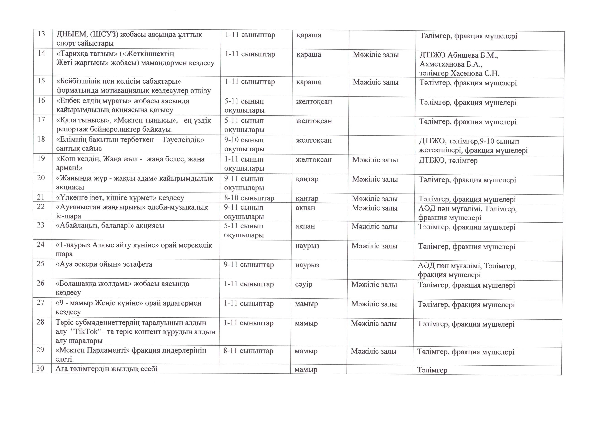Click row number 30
coord(40,368)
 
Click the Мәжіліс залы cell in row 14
coord(376,55)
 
